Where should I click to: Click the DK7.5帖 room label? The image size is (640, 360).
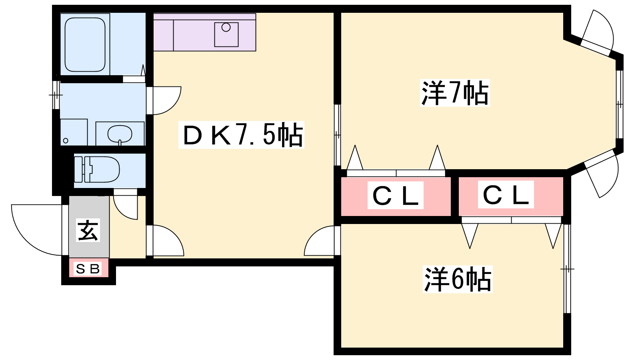[241, 135]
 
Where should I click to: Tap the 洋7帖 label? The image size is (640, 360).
[455, 93]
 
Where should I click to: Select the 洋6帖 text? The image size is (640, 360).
[457, 279]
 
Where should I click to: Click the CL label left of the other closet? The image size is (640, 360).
[396, 196]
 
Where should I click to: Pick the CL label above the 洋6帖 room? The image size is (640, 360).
[506, 195]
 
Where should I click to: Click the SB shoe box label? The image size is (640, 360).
[88, 269]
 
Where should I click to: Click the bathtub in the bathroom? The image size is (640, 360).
[85, 44]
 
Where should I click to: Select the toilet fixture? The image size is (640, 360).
[98, 170]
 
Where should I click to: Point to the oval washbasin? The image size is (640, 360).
[120, 134]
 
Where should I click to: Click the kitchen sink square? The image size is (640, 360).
[226, 34]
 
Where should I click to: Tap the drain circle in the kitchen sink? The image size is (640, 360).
[226, 27]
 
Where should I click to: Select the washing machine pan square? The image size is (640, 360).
[74, 132]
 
